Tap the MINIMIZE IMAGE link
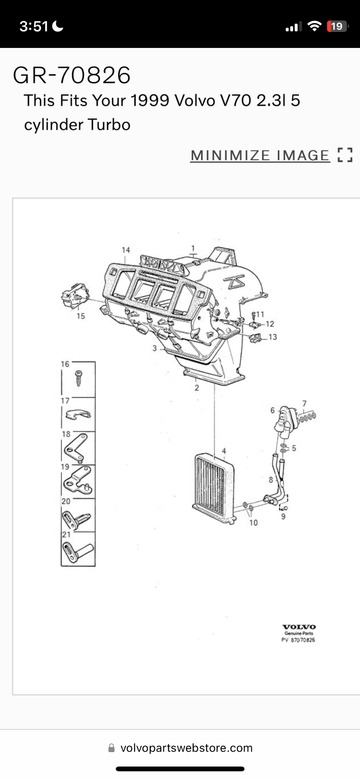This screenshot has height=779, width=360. pyautogui.click(x=260, y=155)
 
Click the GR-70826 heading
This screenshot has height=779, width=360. pyautogui.click(x=72, y=75)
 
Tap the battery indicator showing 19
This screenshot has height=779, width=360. pyautogui.click(x=337, y=26)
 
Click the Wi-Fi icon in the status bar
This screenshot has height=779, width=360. pyautogui.click(x=314, y=26)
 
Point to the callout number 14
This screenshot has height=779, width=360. pyautogui.click(x=125, y=250)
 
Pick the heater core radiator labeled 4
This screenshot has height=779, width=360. pyautogui.click(x=214, y=488)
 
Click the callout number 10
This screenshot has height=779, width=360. pyautogui.click(x=254, y=523)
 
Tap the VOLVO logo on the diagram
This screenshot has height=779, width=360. pyautogui.click(x=299, y=627)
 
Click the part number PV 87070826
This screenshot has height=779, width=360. pyautogui.click(x=298, y=640)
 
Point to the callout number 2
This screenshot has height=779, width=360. pyautogui.click(x=197, y=388)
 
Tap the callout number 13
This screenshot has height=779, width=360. pyautogui.click(x=272, y=337)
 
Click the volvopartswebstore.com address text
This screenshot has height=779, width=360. pyautogui.click(x=187, y=748)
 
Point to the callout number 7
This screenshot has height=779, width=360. pyautogui.click(x=304, y=404)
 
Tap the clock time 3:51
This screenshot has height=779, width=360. pyautogui.click(x=34, y=26)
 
